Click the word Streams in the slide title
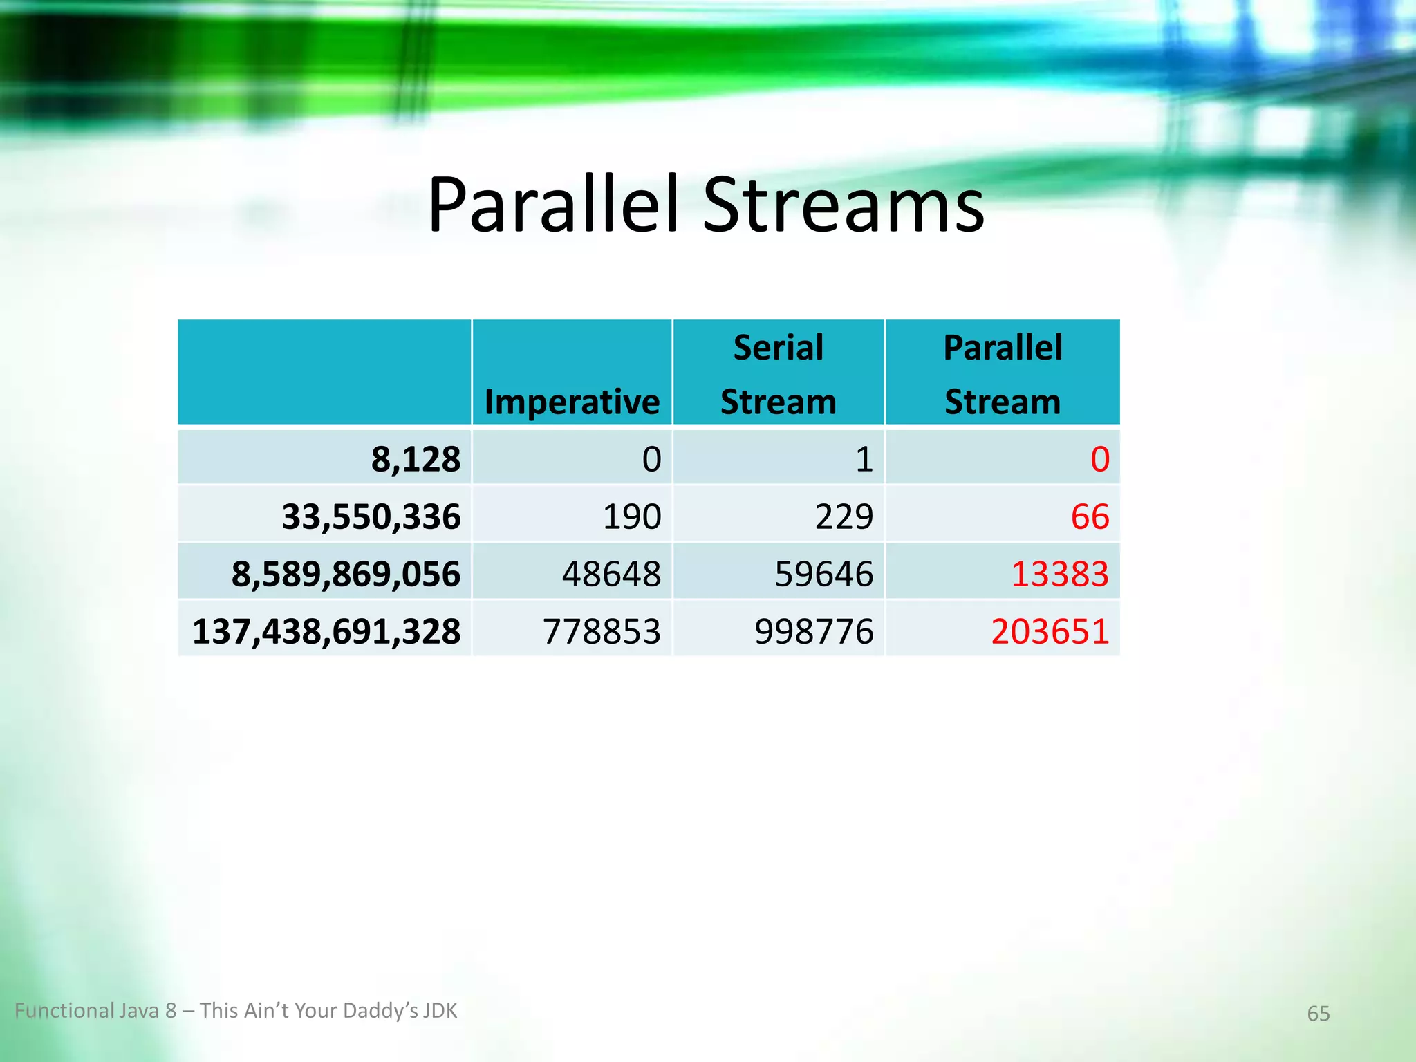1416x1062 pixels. coord(844,205)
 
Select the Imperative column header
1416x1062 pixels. coord(572,402)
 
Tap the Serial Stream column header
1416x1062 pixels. coord(778,374)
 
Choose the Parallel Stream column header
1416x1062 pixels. coord(1003,374)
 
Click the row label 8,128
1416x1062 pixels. coord(416,459)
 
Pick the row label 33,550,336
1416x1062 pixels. coord(371,516)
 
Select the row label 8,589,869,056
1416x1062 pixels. coord(346,574)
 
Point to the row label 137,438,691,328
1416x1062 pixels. coord(326,631)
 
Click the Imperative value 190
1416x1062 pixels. coord(632,516)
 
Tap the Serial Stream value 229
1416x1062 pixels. coord(844,516)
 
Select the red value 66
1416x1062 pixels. coord(1090,516)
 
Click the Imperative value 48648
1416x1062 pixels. coord(611,574)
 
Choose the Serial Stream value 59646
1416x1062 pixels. coord(823,574)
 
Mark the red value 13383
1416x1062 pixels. coord(1060,574)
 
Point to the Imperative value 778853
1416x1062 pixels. coord(602,631)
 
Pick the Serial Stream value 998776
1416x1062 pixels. coord(814,631)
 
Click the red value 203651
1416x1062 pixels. coord(1050,631)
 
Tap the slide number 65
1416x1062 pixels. coord(1318,1014)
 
